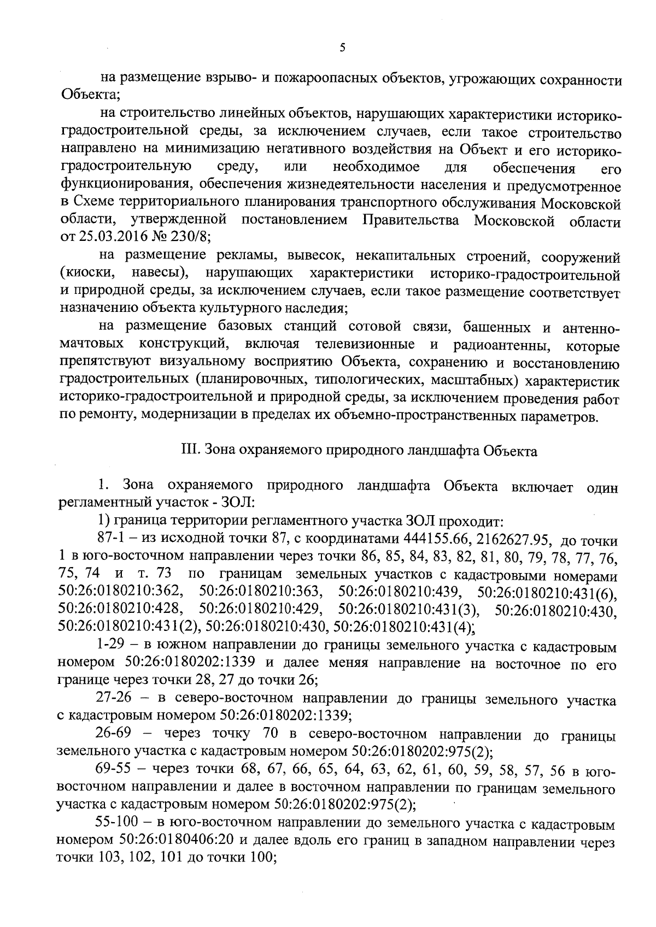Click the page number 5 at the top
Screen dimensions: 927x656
pos(342,48)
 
